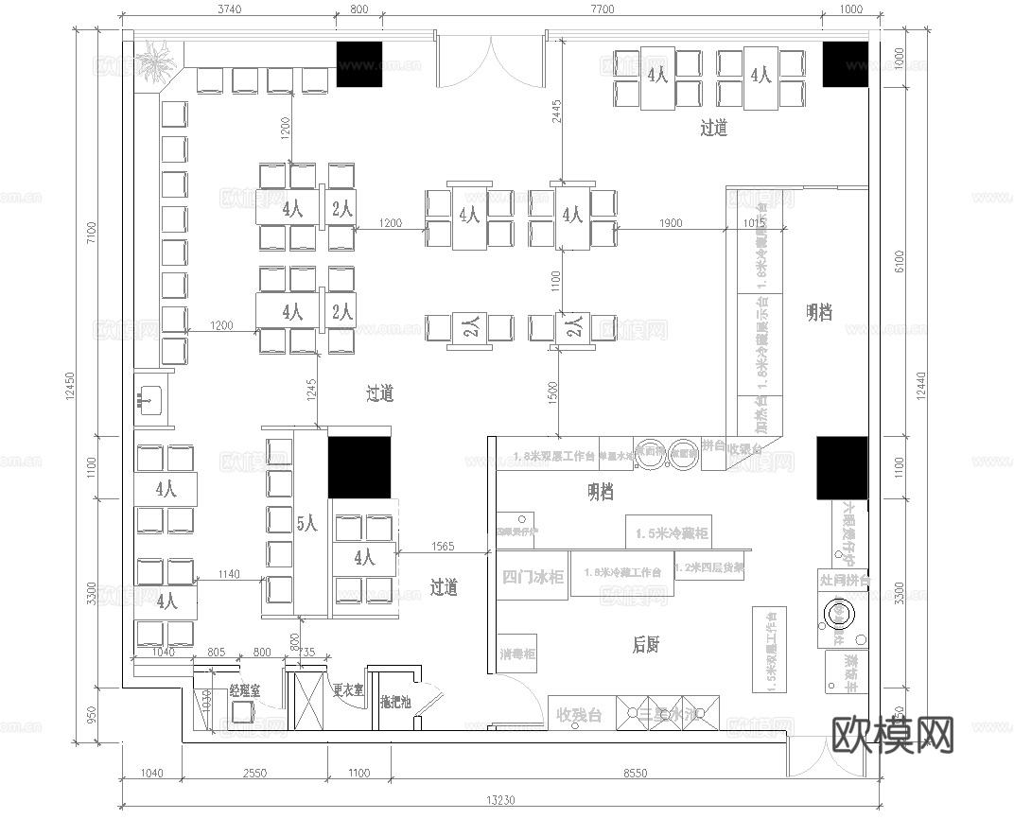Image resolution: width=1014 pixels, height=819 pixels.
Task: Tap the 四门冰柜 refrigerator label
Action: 533,577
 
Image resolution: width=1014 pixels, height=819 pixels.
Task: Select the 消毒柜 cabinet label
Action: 517,654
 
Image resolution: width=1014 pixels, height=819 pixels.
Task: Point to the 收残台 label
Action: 579,714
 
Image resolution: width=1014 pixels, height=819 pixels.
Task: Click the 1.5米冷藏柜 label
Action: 672,533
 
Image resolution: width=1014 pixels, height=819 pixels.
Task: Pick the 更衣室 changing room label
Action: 348,691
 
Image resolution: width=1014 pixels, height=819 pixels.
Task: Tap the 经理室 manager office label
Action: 245,691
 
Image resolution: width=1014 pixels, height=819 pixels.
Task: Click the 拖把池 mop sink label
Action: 394,702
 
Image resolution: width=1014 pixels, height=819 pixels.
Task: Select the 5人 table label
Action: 306,523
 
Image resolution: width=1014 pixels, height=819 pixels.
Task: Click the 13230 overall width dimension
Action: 501,800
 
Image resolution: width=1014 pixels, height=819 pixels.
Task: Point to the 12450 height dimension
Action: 70,383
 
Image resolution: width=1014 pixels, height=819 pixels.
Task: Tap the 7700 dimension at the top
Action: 602,9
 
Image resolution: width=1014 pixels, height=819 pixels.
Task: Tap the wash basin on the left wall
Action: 149,400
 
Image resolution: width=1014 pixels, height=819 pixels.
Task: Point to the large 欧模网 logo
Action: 892,733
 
